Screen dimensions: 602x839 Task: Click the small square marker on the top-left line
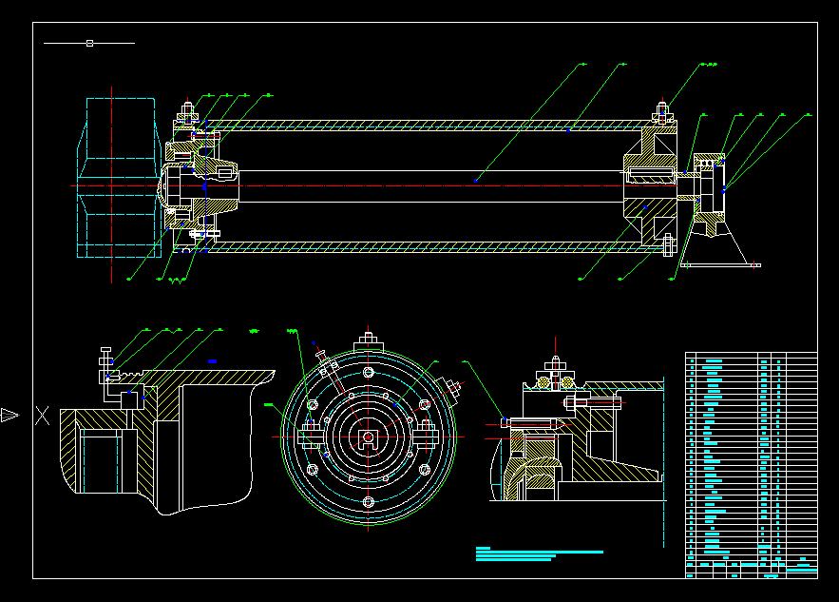[x=89, y=43]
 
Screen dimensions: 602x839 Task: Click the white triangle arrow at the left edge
[x=10, y=415]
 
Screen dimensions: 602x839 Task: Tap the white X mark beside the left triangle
[x=42, y=415]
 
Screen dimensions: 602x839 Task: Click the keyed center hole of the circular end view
[x=368, y=438]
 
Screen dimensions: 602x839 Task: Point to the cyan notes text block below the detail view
[x=538, y=554]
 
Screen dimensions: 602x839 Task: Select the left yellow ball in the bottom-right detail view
[x=545, y=382]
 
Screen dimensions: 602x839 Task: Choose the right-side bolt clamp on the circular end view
[x=425, y=437]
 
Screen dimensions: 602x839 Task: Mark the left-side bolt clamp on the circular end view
[x=312, y=437]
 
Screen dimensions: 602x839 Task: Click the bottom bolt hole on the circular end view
[x=368, y=501]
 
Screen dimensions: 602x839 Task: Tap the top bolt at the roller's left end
[x=187, y=110]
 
